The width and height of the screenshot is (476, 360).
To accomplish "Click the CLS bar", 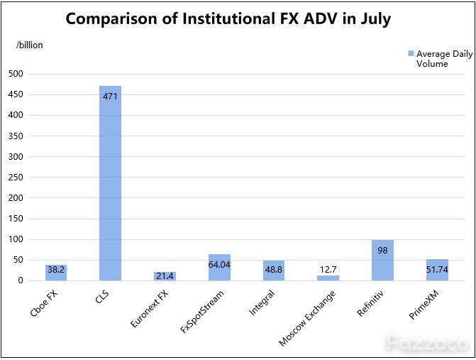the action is (110, 183).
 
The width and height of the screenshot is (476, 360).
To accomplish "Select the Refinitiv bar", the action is (382, 261).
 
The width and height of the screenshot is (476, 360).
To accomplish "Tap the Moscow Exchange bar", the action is (328, 278).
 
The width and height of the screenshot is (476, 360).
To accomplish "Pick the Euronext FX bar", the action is (165, 276).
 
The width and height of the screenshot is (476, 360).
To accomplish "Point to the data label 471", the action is (110, 97).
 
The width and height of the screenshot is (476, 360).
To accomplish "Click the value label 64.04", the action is (219, 265).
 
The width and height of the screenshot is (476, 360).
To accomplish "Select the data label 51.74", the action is (437, 270).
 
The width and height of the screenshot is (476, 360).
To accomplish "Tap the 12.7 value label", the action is (328, 270).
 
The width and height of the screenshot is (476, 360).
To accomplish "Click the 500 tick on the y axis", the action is (16, 74).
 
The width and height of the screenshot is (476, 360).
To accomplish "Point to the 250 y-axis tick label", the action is (16, 178).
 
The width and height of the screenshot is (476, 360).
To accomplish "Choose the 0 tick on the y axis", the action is (21, 280).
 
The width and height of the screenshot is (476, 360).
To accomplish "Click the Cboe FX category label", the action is (44, 303).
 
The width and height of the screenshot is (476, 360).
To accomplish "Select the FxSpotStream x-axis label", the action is (202, 312).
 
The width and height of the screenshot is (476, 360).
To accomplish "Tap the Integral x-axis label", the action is (262, 302).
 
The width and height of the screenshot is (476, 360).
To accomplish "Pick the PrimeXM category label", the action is (424, 305).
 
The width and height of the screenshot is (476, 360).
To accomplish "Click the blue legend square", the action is (411, 54).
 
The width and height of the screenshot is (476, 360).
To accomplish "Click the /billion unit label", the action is (30, 45).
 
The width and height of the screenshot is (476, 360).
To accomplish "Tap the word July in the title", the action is (376, 19).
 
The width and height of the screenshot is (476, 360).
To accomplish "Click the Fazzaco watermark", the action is (428, 344).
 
